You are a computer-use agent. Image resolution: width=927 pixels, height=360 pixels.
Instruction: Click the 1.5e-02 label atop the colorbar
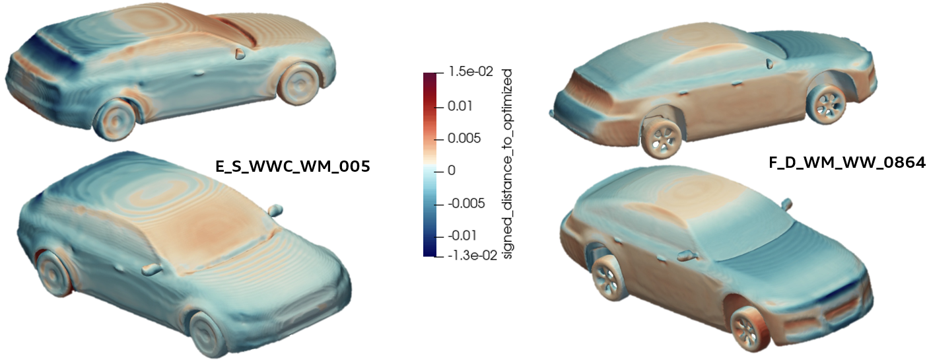[471, 71]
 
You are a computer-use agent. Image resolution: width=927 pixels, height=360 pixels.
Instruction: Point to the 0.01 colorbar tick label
[460, 106]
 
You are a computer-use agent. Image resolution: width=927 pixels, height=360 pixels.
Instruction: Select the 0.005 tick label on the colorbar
[464, 138]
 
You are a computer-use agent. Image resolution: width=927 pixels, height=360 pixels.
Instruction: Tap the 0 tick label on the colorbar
[452, 170]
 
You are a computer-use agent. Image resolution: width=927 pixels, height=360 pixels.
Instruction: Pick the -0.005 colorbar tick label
[466, 203]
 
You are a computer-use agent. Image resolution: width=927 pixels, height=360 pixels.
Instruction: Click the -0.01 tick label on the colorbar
[462, 235]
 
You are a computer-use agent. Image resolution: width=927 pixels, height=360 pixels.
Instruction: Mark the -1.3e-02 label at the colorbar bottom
[472, 256]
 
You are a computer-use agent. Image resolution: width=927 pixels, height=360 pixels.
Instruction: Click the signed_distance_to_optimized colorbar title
[507, 164]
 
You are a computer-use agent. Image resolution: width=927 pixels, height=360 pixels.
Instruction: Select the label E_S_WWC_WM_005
[292, 166]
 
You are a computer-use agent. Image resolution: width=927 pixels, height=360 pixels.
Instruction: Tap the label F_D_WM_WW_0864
[846, 162]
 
